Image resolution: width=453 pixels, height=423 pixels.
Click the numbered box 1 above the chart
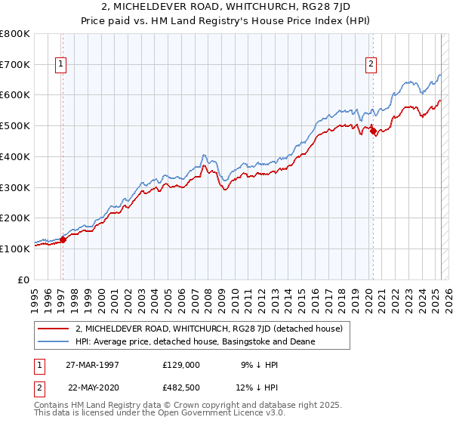pyautogui.click(x=60, y=65)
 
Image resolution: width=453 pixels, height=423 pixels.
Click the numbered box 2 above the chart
pyautogui.click(x=371, y=65)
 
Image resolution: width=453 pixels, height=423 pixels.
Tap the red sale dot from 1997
pyautogui.click(x=63, y=239)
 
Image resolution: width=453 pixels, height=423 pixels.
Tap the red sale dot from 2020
pyautogui.click(x=373, y=131)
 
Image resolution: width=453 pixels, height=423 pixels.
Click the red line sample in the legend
pyautogui.click(x=54, y=329)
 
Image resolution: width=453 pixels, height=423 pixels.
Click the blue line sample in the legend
pyautogui.click(x=54, y=341)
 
